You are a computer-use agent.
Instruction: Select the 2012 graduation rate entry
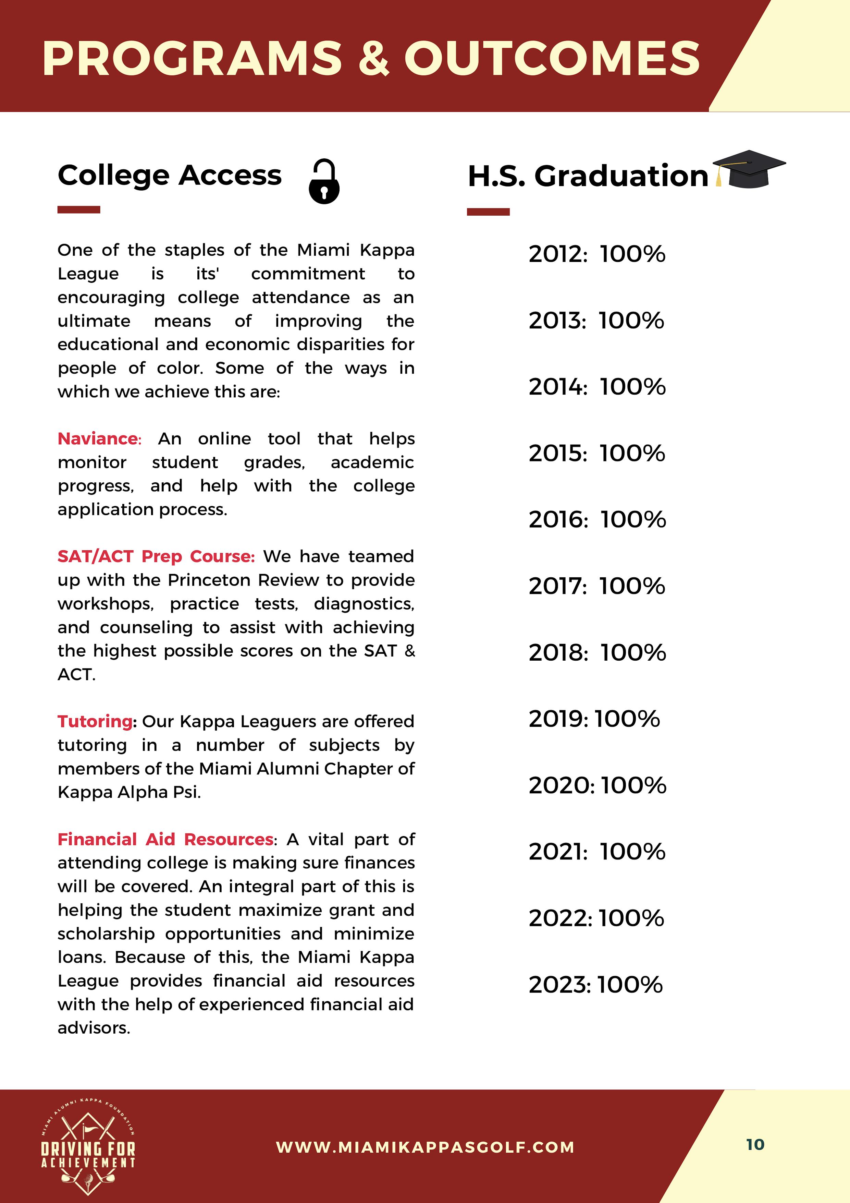[x=596, y=254]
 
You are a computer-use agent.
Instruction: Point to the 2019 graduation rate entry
[x=594, y=719]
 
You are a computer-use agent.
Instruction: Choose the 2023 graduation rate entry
[x=595, y=985]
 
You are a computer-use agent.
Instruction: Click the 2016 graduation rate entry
[x=597, y=520]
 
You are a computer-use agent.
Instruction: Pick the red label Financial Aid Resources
[x=165, y=839]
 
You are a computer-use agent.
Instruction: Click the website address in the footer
[x=425, y=1147]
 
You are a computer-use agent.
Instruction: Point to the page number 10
[x=755, y=1144]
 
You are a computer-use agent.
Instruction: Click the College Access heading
[x=170, y=175]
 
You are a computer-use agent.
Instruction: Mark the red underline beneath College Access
[x=78, y=209]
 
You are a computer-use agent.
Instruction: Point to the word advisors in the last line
[x=94, y=1028]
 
